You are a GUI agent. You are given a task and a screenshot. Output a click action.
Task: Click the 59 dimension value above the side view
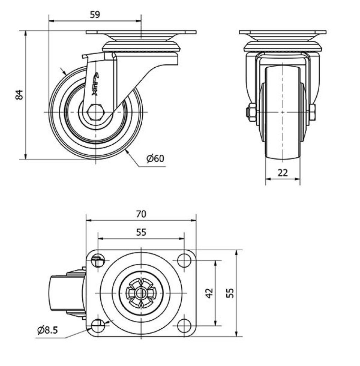pos(95,15)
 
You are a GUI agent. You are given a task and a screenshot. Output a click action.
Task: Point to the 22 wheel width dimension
pos(283,173)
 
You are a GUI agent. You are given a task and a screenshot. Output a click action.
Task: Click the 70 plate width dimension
pos(141,214)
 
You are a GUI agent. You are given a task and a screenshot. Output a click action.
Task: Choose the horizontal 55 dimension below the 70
pos(141,232)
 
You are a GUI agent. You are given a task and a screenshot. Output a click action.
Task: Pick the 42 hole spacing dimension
pos(209,293)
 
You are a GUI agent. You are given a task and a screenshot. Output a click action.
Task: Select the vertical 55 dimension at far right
pos(231,293)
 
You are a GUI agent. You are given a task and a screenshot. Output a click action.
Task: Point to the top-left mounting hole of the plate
pos(98,260)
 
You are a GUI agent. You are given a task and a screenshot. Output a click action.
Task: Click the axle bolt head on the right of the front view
pos(312,113)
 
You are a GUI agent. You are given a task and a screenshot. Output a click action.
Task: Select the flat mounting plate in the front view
pos(283,32)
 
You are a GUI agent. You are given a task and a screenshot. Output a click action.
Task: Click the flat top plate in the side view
pos(141,32)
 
